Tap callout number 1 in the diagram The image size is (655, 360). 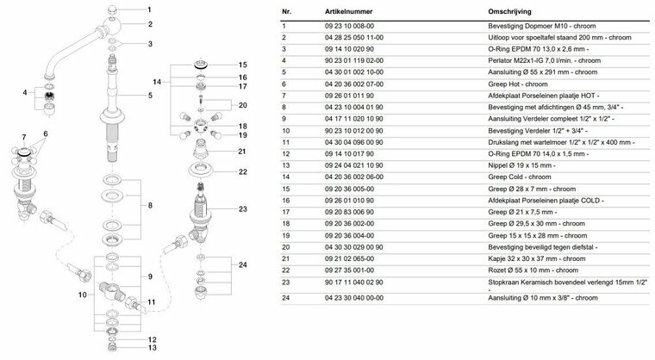click(149, 8)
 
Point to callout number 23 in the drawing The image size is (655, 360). click(243, 208)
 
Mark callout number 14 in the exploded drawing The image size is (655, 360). click(156, 81)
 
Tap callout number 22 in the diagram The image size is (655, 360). click(242, 171)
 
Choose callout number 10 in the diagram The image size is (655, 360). click(84, 295)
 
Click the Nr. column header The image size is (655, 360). click(287, 14)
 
